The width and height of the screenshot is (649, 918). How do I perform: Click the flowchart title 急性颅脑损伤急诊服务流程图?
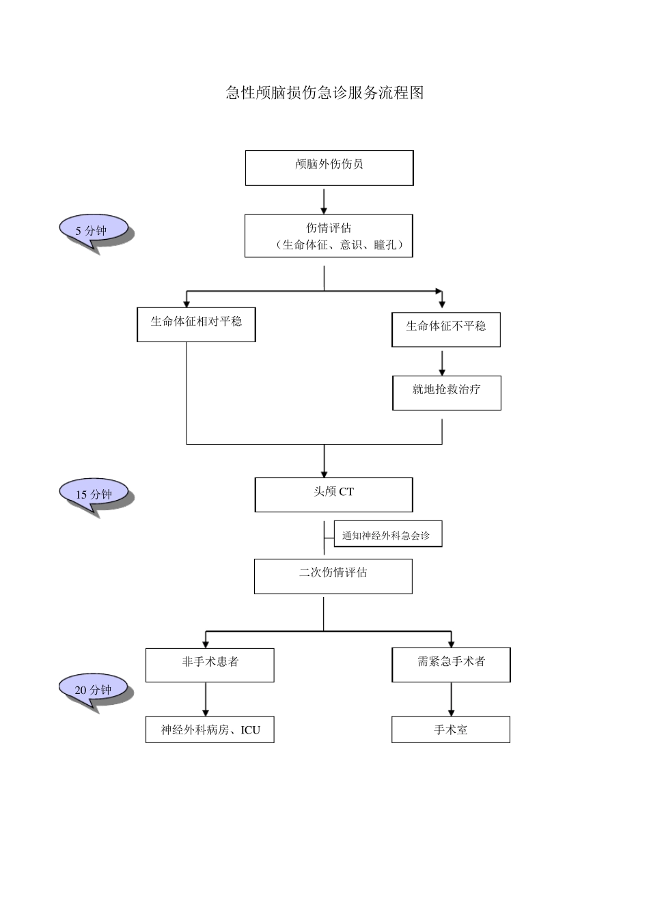324,93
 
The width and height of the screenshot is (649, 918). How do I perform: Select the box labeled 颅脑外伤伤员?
329,167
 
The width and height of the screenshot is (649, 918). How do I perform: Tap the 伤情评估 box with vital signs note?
329,236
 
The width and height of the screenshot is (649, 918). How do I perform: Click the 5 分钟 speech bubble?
94,230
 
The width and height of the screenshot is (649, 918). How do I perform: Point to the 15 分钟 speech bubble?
94,494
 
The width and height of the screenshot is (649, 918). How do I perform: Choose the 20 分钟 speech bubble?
94,689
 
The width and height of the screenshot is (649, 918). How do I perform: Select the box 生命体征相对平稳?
196,324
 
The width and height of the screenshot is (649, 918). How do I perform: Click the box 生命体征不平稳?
445,329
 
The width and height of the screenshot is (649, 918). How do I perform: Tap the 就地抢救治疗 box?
446,392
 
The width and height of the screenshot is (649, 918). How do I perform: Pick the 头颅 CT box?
333,494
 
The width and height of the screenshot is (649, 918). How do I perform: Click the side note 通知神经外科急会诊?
387,535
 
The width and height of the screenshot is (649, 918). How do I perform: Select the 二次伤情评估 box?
333,576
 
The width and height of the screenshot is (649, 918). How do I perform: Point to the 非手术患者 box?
210,665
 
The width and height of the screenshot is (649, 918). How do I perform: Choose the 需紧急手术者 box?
451,665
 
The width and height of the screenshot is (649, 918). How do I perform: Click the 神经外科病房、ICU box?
210,729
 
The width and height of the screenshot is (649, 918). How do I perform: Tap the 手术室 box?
450,729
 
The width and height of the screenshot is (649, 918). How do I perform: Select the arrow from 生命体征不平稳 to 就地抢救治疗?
442,363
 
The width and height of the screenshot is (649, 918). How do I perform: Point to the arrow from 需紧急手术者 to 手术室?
451,699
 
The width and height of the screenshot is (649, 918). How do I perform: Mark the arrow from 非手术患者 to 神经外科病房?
206,699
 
